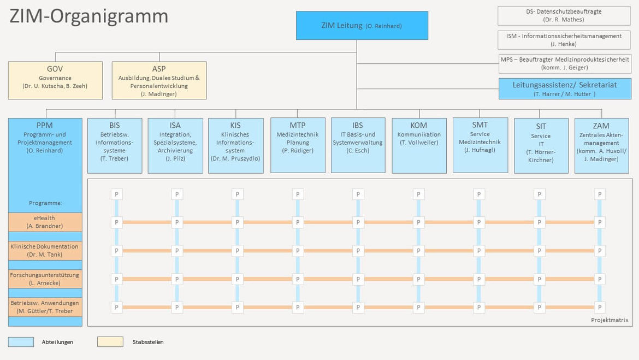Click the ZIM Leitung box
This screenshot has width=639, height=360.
tap(362, 25)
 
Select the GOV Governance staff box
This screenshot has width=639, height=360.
tap(55, 80)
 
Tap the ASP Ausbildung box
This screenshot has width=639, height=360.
tap(159, 80)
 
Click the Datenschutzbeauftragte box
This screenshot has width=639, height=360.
tap(564, 15)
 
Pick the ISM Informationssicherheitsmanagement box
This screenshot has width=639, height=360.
tap(564, 40)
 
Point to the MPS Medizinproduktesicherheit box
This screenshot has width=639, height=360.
tap(565, 63)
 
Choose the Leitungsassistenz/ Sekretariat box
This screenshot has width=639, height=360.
tap(565, 89)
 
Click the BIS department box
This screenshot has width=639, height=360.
tap(115, 145)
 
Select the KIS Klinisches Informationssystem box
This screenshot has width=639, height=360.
tap(235, 145)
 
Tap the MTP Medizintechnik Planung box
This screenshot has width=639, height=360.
tap(298, 145)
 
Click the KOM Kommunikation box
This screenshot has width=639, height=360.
tap(419, 145)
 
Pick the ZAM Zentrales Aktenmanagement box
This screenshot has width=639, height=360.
tap(601, 145)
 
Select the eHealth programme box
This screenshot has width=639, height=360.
tap(45, 222)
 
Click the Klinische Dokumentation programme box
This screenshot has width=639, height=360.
tap(45, 250)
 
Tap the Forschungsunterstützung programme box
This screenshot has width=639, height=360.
tap(45, 279)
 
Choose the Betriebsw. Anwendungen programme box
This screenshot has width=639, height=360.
tap(45, 307)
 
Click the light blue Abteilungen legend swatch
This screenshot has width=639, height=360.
tap(21, 341)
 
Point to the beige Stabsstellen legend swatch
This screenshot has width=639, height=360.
tap(110, 341)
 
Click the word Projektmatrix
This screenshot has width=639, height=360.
tap(610, 320)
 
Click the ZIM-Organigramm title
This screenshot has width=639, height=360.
tap(89, 16)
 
